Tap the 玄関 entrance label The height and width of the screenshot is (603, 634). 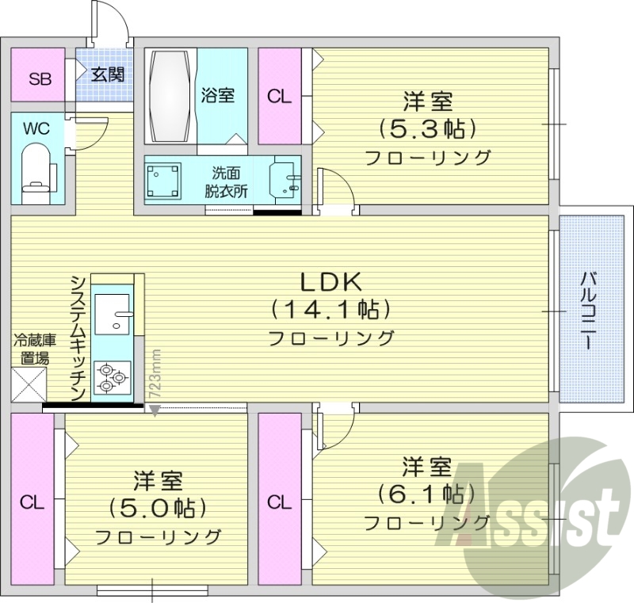[106, 74]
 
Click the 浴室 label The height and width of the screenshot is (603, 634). [218, 95]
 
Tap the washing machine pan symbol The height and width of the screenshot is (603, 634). [165, 182]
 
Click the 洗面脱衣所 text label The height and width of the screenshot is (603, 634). [227, 182]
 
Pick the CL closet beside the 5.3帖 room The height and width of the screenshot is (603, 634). [279, 96]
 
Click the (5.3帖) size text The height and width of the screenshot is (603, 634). [426, 128]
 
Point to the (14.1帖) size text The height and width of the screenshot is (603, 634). [330, 308]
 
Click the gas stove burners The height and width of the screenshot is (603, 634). [110, 377]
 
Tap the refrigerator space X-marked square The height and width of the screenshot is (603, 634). [29, 386]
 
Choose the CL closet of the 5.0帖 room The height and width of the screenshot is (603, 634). [32, 502]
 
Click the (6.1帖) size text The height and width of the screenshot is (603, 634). [426, 493]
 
